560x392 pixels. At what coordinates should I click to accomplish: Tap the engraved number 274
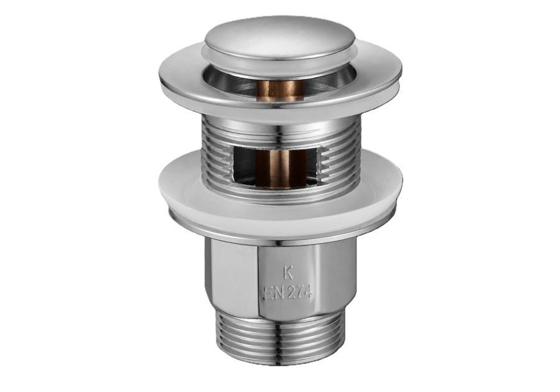tap(299, 294)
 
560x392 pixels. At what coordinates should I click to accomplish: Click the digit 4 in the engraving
tap(309, 294)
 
